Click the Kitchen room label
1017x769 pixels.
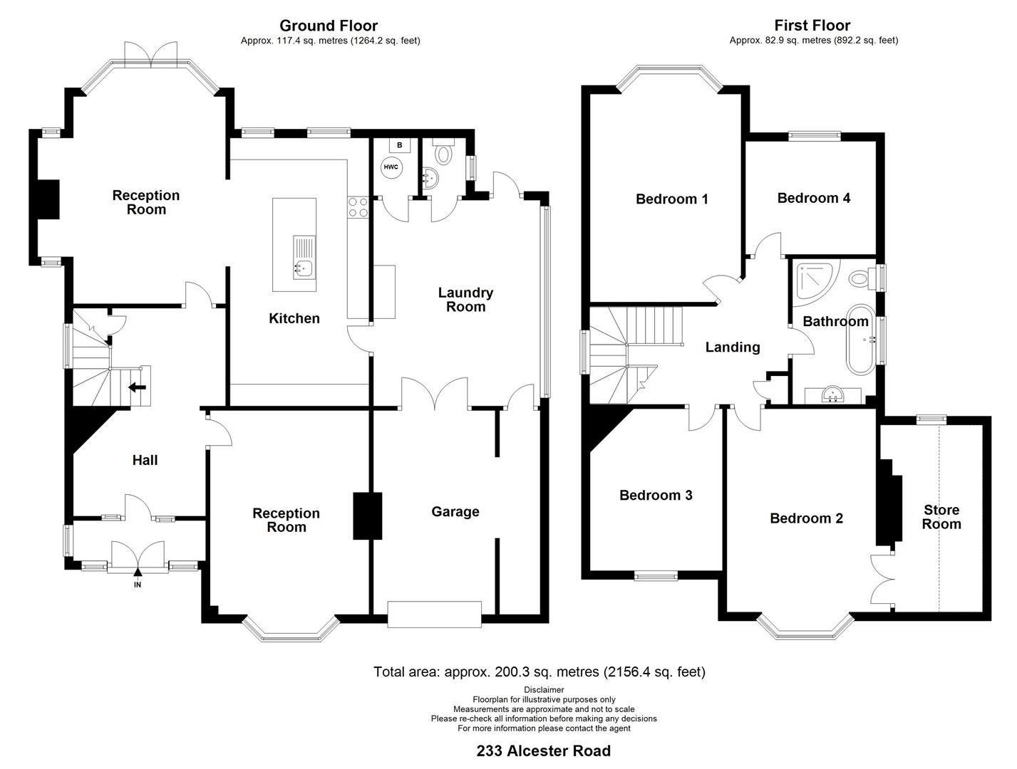pyautogui.click(x=294, y=318)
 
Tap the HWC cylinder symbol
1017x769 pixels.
pyautogui.click(x=391, y=167)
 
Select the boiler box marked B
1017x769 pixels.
pyautogui.click(x=399, y=145)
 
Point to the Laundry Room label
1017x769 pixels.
pyautogui.click(x=465, y=300)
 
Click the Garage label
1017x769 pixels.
pyautogui.click(x=455, y=511)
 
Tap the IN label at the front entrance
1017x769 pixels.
pyautogui.click(x=138, y=585)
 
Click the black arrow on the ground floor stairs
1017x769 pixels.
pyautogui.click(x=137, y=387)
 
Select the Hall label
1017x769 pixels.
pyautogui.click(x=145, y=460)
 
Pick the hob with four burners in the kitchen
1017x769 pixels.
pyautogui.click(x=358, y=206)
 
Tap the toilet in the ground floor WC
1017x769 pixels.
pyautogui.click(x=444, y=152)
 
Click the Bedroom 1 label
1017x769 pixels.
pyautogui.click(x=671, y=199)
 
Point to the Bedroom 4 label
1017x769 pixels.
pyautogui.click(x=813, y=198)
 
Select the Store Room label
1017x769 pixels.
pyautogui.click(x=941, y=517)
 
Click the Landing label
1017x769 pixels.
pyautogui.click(x=732, y=347)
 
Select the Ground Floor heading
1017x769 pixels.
pyautogui.click(x=329, y=26)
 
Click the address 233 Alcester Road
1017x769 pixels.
pyautogui.click(x=543, y=750)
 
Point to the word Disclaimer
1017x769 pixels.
pyautogui.click(x=543, y=689)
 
